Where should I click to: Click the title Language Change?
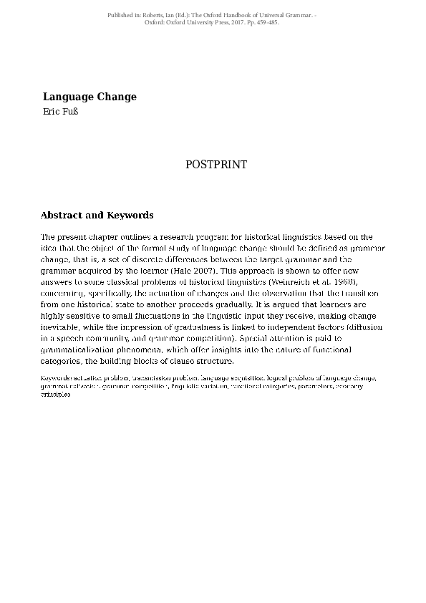tap(89, 97)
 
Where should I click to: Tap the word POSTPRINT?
tap(216, 165)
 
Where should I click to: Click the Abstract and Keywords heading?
tap(97, 215)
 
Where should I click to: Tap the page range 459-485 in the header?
tap(263, 22)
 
